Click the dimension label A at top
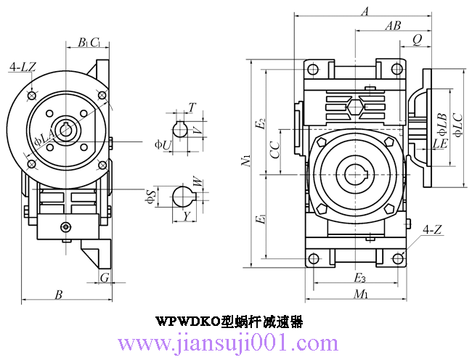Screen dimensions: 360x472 click(365, 12)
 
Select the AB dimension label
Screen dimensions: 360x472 click(393, 25)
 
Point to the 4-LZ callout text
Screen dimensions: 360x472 click(23, 67)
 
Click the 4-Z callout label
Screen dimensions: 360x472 click(432, 230)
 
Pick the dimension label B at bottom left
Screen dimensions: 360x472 click(59, 294)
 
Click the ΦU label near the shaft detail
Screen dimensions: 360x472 click(163, 144)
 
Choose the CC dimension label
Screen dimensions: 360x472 click(274, 150)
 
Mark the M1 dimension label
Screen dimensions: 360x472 click(360, 294)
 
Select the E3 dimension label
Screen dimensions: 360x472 click(359, 278)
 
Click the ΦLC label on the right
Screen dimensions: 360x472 click(457, 123)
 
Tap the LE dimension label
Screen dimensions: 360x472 click(439, 144)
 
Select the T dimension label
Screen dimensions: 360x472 click(191, 107)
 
